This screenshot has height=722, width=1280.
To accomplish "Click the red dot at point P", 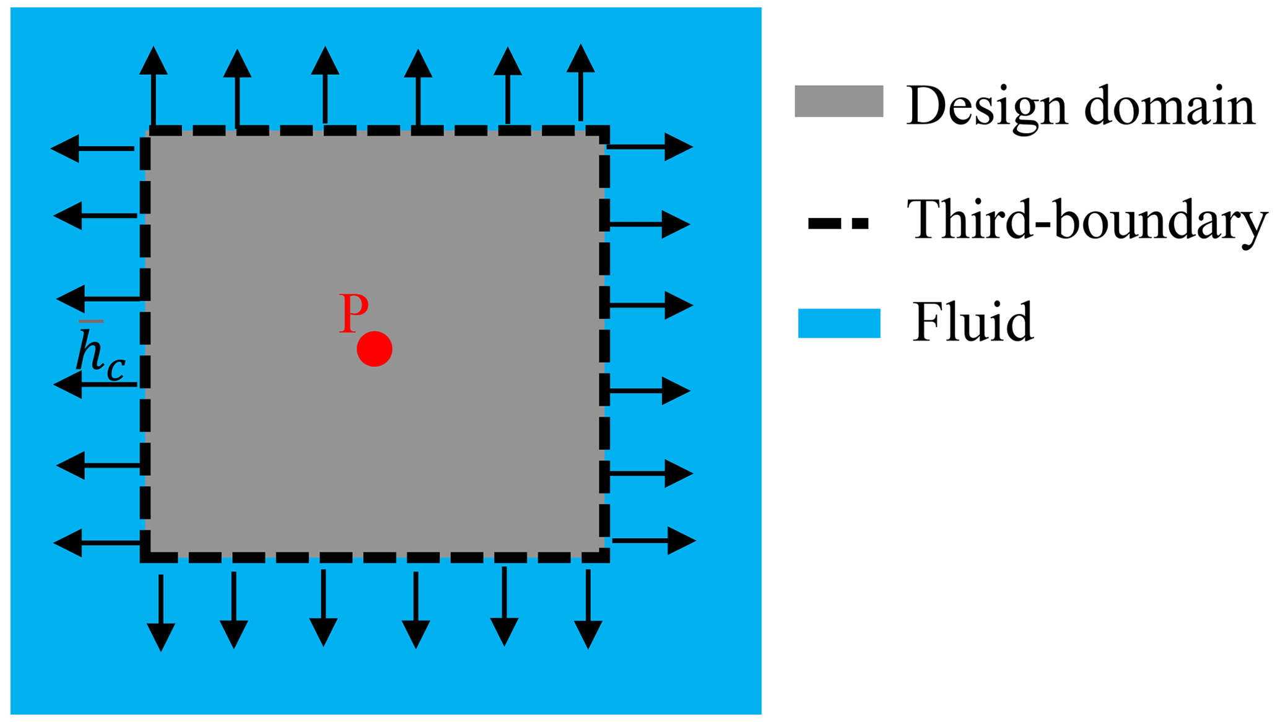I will coord(374,349).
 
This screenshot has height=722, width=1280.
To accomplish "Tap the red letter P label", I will coord(354,313).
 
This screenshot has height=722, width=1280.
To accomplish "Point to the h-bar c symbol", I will coord(99,354).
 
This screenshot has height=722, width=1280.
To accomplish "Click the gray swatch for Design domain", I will coord(838,101).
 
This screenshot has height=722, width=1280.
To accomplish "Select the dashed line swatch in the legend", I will coord(838,224).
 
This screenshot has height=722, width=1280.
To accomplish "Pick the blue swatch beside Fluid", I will coord(838,323).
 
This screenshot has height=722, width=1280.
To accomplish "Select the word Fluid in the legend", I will coord(973,321).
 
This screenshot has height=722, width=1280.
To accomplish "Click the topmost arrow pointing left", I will coord(93,149).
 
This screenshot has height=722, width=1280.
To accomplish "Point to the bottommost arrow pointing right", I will coord(653,541).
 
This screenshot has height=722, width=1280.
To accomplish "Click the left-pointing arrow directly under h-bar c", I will coord(96,385).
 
